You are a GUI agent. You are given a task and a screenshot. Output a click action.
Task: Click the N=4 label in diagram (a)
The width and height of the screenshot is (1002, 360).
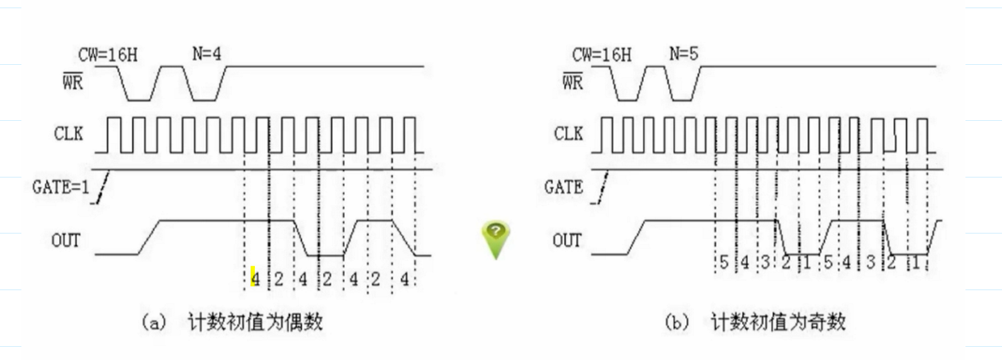[206, 54]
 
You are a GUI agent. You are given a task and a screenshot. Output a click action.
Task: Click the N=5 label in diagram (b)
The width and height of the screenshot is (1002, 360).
[684, 54]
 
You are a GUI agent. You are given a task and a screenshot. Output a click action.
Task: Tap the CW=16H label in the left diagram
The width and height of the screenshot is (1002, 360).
[108, 55]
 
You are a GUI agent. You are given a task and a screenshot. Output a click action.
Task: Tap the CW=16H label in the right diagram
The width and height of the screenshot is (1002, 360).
[602, 55]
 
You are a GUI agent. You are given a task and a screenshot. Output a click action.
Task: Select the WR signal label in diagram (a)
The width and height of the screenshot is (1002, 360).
[72, 82]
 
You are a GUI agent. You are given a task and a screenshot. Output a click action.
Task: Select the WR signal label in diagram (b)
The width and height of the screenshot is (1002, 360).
[572, 82]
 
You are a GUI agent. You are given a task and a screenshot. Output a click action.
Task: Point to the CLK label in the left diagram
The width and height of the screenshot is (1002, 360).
[69, 133]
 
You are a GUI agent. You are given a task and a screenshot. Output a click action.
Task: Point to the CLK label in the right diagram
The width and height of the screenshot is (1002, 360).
[568, 133]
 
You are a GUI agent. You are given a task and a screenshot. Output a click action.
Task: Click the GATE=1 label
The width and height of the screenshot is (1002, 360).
[60, 187]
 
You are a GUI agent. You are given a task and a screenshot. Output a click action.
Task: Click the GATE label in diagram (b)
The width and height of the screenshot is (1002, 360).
[563, 187]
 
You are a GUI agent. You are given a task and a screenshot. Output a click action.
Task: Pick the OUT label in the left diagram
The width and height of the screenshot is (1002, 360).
[65, 240]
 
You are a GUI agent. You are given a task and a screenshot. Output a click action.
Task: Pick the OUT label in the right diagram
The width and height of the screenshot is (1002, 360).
[566, 240]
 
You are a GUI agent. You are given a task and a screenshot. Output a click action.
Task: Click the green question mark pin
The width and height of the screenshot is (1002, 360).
[496, 238]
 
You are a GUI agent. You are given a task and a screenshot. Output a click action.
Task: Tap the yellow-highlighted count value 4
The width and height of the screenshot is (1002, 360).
[254, 278]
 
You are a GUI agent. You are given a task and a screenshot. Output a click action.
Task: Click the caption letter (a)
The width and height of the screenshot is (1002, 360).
[154, 323]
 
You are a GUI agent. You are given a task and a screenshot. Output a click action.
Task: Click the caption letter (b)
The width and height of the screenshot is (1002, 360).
[677, 323]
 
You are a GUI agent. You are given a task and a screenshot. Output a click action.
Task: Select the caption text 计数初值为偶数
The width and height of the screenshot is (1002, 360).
[255, 322]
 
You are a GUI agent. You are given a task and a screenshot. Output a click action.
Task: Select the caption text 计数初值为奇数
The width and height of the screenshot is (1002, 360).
[778, 322]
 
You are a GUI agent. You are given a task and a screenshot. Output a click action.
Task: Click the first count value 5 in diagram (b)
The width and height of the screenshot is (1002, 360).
[724, 262]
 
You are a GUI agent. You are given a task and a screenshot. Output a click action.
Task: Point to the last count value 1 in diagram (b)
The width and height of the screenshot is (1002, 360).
[916, 262]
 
